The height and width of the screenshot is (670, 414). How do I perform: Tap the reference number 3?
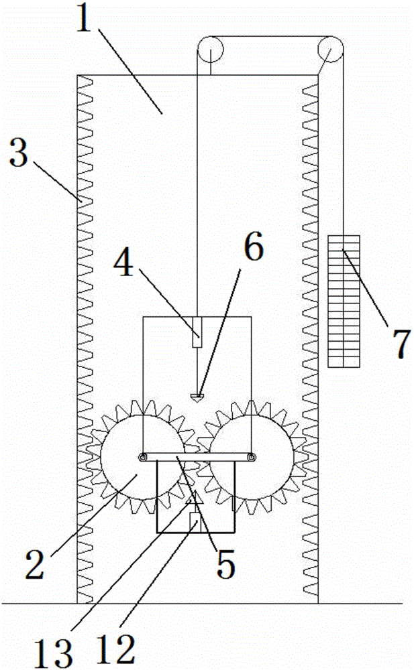pos(19,153)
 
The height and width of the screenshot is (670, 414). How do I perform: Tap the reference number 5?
pos(225,564)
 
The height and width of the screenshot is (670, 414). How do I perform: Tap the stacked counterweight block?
pos(344,301)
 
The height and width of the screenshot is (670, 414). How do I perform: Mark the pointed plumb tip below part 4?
pos(197,398)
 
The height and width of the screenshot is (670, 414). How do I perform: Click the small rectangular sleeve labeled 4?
pos(197,332)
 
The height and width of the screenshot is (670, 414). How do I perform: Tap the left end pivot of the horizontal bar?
pos(142,458)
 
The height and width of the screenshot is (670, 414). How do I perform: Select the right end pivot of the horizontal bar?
pos(252,458)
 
